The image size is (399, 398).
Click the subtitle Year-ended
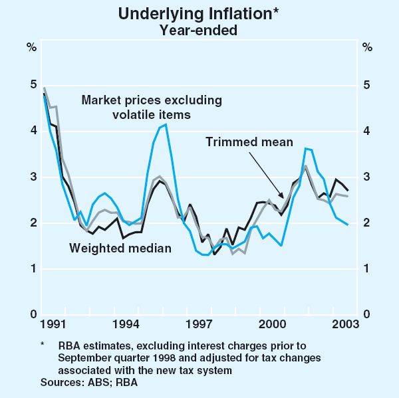(x=199, y=29)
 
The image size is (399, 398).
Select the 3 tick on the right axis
(x=367, y=177)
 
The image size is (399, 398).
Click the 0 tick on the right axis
(x=367, y=315)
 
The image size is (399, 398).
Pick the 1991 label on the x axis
(x=52, y=324)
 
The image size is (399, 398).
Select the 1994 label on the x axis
(x=126, y=324)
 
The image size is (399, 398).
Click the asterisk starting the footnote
(x=43, y=344)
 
